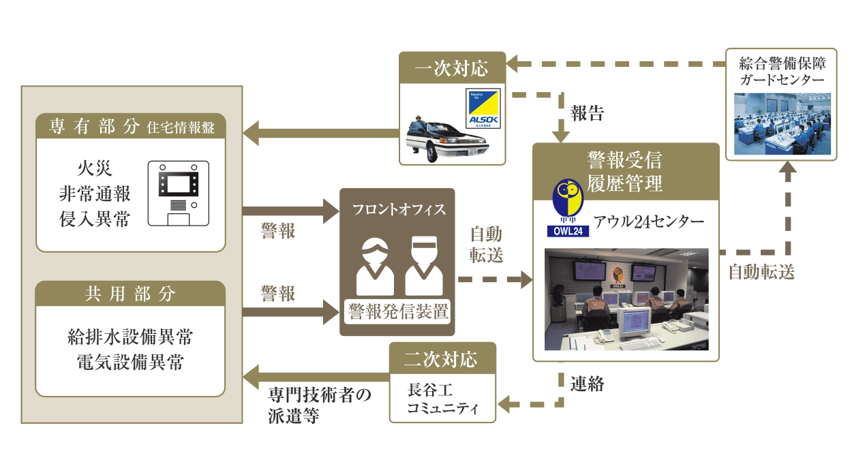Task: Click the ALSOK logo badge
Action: tap(483, 108)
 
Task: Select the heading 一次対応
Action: tap(452, 69)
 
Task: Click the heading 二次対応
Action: tap(442, 358)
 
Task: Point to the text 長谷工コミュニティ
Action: tap(442, 399)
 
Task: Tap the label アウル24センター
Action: tap(648, 221)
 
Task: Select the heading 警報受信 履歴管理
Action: tap(625, 171)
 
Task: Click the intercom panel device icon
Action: tap(178, 193)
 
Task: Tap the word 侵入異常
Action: tap(95, 220)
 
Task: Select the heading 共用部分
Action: tap(130, 294)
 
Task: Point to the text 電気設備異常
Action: tap(130, 362)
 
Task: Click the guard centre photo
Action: tap(782, 125)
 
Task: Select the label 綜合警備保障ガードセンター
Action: tap(782, 72)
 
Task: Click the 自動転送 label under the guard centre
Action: tap(761, 272)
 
